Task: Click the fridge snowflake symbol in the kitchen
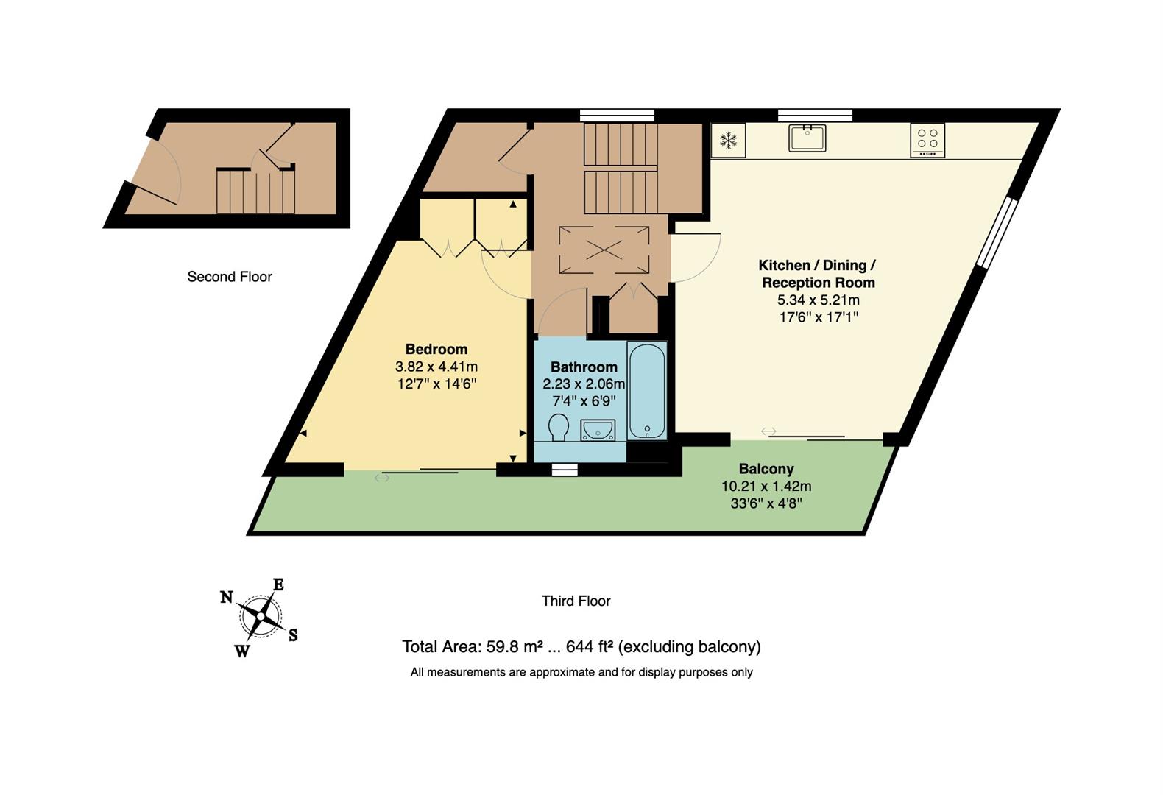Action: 728,140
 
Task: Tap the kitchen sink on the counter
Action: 807,138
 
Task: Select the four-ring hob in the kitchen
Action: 927,139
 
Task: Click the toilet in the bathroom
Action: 559,427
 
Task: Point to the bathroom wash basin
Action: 598,429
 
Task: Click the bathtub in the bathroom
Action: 647,390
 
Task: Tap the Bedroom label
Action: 436,349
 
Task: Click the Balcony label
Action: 766,469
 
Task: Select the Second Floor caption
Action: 229,277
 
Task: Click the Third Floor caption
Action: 576,601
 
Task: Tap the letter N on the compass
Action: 227,597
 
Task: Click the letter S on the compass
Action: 292,635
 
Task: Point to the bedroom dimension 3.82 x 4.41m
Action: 436,367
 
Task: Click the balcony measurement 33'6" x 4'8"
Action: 766,504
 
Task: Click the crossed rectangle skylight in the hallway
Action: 604,250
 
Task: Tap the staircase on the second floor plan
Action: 255,192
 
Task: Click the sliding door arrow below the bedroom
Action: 381,478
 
